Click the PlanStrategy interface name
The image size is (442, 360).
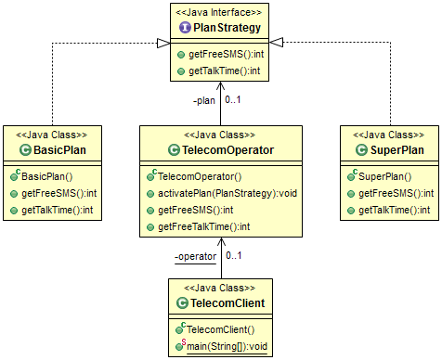pos(227,28)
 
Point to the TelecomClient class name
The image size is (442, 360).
pos(227,303)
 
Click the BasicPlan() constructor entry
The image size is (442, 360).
pos(46,175)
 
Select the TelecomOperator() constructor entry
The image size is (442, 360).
pos(206,175)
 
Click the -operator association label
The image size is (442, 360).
pos(195,255)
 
